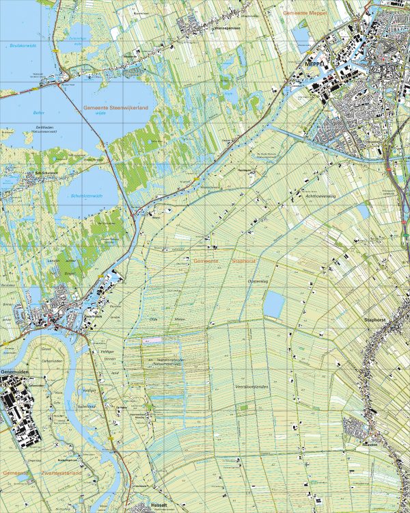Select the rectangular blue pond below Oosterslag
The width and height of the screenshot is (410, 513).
pos(273,304)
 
